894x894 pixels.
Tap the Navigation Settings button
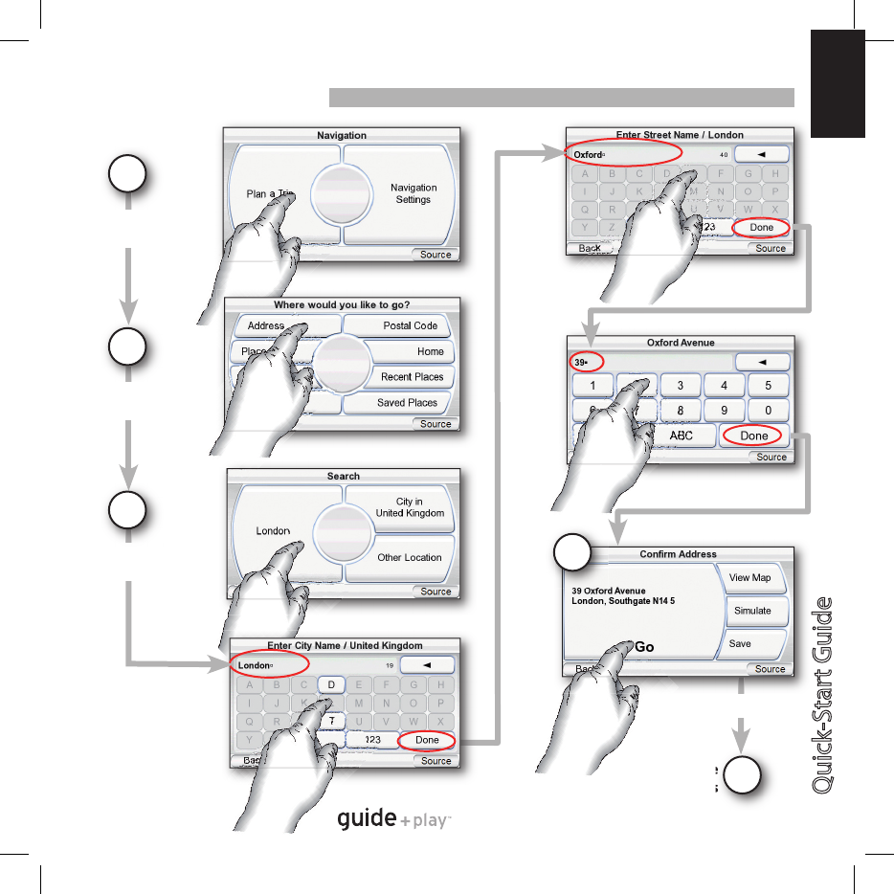(413, 193)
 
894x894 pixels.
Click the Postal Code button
(410, 325)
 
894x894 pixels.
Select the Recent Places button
(412, 377)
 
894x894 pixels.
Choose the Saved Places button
(407, 403)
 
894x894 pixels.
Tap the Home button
(430, 351)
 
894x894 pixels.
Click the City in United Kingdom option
(410, 507)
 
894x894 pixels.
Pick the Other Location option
(410, 557)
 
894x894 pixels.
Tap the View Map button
(749, 578)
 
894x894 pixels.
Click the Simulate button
(752, 611)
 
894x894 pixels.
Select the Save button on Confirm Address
(740, 644)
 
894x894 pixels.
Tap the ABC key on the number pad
(681, 436)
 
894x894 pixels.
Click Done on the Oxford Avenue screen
(754, 436)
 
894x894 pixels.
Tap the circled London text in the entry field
(255, 665)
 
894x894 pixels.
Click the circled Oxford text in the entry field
(589, 155)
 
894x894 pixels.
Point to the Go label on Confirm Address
(644, 647)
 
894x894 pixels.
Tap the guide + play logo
(393, 819)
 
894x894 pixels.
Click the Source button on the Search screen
(436, 592)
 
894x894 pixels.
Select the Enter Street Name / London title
(681, 135)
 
